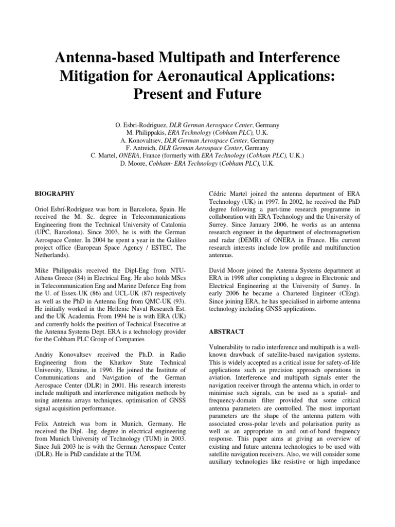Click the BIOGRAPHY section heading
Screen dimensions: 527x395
pyautogui.click(x=55, y=194)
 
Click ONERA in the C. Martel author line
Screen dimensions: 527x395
pyautogui.click(x=130, y=156)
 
